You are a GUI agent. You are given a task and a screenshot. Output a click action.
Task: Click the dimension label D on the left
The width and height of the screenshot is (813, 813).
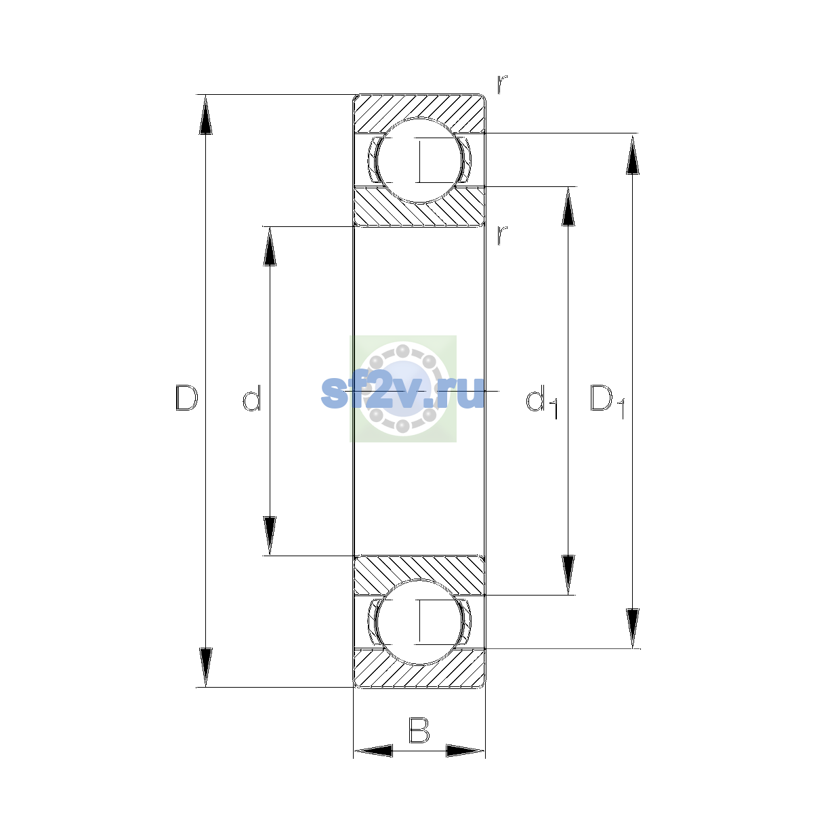tap(186, 398)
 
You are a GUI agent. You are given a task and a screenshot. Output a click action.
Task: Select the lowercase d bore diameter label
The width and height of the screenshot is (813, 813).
tap(252, 398)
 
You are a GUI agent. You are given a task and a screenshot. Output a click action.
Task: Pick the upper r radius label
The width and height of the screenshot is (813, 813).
tap(502, 84)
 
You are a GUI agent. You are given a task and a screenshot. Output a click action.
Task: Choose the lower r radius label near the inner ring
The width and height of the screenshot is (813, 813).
tap(502, 235)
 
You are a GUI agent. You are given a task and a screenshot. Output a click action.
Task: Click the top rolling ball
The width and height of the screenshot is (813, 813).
tap(419, 161)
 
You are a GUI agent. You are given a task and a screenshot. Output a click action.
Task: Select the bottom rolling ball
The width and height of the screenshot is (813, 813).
tap(419, 622)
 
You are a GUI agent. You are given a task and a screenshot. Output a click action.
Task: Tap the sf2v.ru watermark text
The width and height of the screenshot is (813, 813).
tap(402, 392)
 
